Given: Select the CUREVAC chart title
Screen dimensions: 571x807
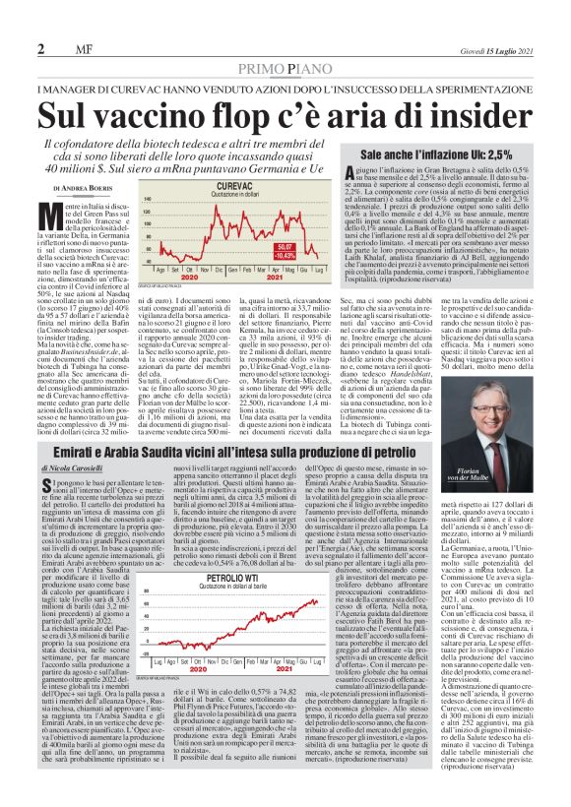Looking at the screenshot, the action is [x=209, y=184].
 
